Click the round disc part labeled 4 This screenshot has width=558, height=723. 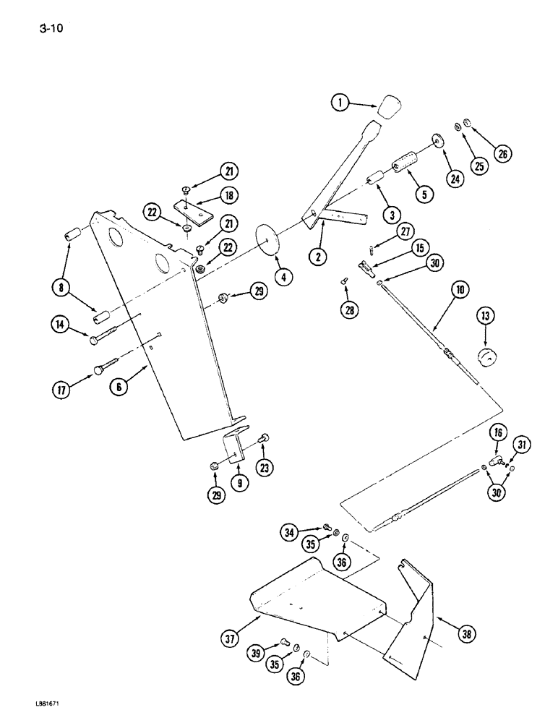pyautogui.click(x=267, y=235)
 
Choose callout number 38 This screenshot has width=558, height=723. pyautogui.click(x=468, y=635)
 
